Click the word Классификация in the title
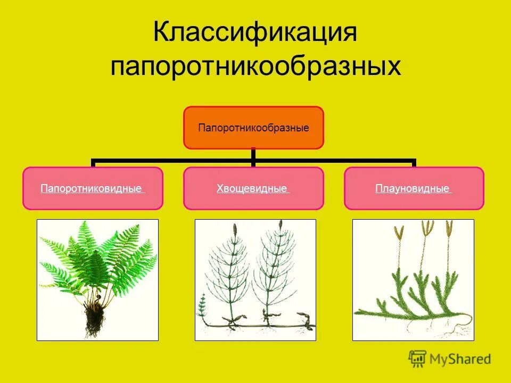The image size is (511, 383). coord(255,34)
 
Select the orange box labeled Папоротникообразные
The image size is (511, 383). coord(253,128)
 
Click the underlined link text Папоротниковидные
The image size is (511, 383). coord(92,189)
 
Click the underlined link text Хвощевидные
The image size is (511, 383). coord(253,189)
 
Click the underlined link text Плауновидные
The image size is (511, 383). coord(413,189)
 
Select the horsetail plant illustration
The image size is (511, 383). coord(255,280)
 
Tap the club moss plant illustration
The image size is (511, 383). coord(413,280)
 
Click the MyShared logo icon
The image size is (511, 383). coord(418,359)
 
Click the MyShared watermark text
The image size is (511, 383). coord(460,360)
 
